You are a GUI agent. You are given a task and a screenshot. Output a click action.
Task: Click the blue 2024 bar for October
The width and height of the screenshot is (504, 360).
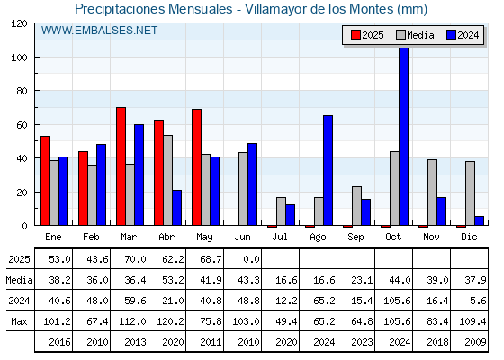tap(403, 136)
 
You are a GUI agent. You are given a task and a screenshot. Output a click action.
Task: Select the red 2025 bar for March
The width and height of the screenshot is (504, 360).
tap(121, 166)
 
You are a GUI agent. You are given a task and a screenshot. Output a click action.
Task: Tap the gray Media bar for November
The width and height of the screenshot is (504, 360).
tap(432, 193)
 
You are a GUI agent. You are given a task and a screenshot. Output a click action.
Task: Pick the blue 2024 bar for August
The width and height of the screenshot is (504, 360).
tap(328, 170)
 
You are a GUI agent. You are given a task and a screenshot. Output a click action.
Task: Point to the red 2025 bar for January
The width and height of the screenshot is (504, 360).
tap(45, 181)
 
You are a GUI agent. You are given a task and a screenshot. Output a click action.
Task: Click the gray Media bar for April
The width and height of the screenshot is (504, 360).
tap(167, 180)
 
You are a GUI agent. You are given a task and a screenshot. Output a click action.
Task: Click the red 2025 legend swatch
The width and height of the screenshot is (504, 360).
tap(355, 35)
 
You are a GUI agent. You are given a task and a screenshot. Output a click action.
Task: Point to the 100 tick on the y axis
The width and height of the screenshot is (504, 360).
tap(22, 58)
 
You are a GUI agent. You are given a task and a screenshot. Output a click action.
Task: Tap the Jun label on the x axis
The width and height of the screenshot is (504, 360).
tap(242, 238)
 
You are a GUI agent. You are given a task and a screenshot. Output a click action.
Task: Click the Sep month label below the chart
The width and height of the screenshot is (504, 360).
tap(355, 238)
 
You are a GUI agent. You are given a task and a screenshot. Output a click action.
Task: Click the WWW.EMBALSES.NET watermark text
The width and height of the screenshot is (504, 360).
tap(99, 31)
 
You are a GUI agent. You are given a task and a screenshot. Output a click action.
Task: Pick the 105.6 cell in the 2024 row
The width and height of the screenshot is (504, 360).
tap(397, 301)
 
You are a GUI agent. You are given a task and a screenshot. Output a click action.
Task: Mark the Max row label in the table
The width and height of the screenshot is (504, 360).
tap(19, 321)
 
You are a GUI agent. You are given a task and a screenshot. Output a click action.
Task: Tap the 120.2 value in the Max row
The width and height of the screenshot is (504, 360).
tap(170, 321)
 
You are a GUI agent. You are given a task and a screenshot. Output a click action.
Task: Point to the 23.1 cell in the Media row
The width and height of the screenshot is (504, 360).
tap(362, 280)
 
